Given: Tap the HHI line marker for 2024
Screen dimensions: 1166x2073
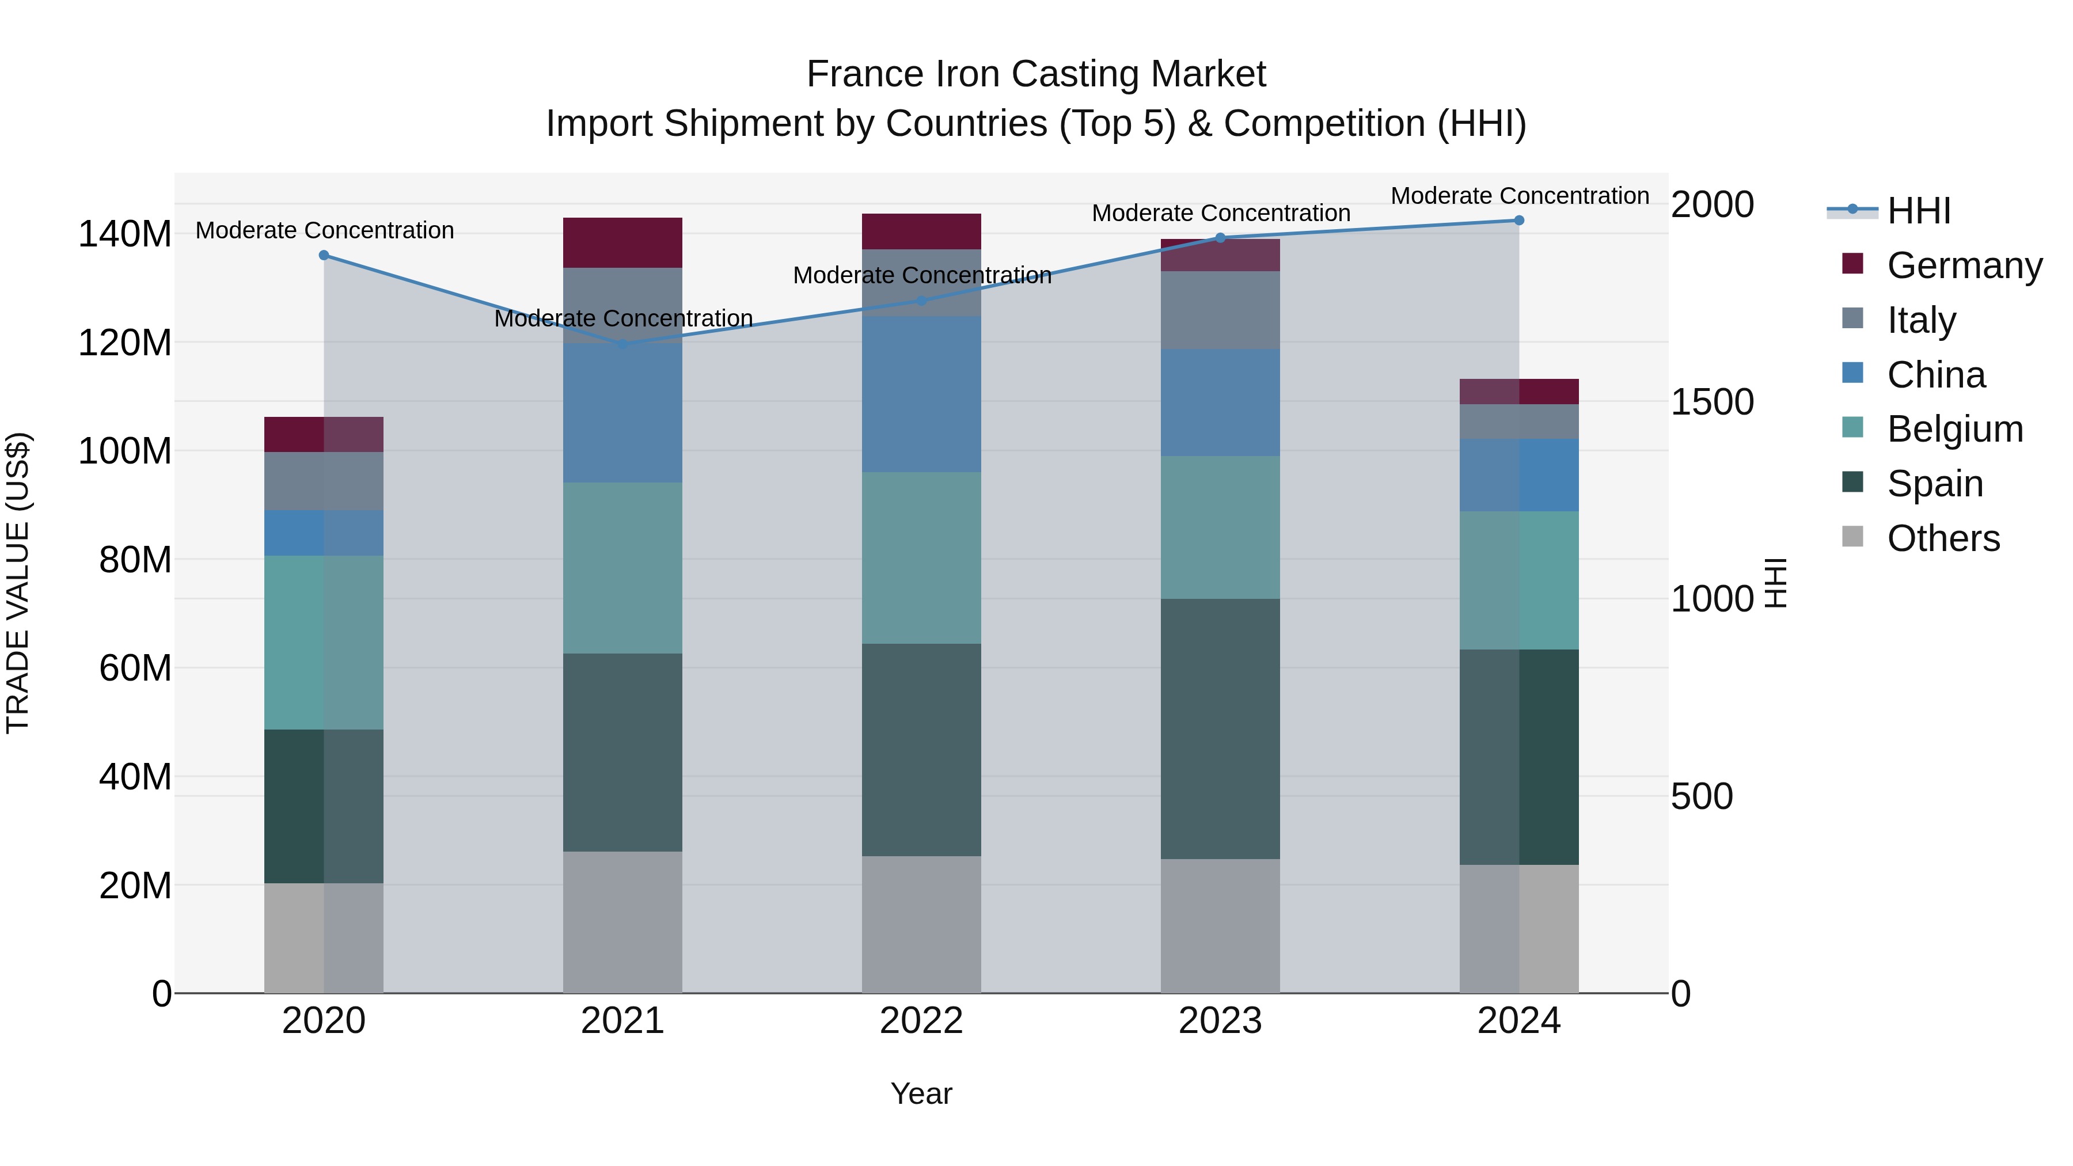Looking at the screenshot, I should [x=1518, y=221].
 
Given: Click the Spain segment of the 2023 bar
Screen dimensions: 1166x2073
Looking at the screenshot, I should [x=1220, y=728].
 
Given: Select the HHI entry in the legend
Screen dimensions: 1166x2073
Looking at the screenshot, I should [x=1919, y=211].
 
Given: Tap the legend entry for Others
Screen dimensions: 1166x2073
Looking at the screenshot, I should [x=1943, y=538].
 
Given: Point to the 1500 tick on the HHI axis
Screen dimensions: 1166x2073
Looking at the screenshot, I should [x=1712, y=401].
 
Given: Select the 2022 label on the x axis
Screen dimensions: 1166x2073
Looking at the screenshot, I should [x=921, y=1021].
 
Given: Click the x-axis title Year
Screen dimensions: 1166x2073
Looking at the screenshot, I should [x=921, y=1093].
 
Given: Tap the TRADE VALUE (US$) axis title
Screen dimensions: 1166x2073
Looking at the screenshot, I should [x=18, y=583].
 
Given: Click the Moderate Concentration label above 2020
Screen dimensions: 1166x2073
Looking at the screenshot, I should [x=324, y=230].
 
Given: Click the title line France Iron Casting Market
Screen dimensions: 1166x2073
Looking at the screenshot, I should [x=1036, y=74].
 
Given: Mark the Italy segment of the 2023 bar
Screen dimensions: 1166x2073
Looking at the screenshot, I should [x=1220, y=310].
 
